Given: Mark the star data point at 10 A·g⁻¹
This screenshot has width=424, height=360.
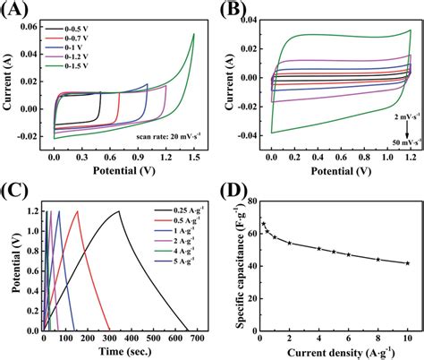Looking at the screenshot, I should click(408, 263).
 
